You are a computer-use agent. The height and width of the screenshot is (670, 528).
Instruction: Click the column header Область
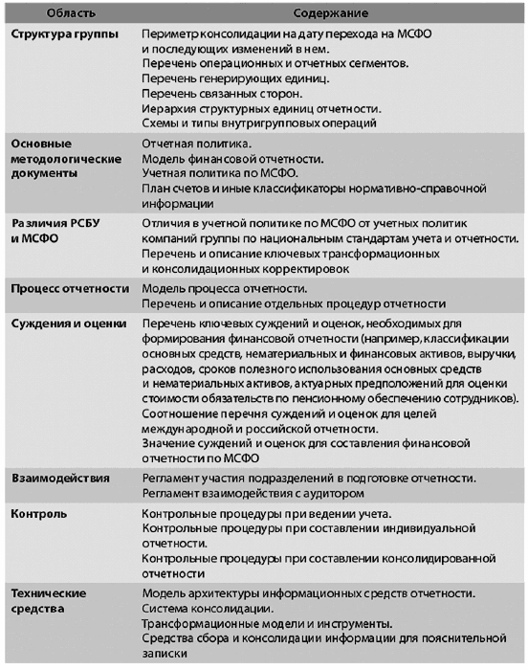pyautogui.click(x=47, y=11)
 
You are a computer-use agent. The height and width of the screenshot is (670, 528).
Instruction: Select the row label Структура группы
pyautogui.click(x=59, y=33)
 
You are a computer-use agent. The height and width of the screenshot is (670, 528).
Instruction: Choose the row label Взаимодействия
pyautogui.click(x=60, y=477)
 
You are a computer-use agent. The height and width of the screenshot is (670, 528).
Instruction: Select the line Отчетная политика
pyautogui.click(x=197, y=142)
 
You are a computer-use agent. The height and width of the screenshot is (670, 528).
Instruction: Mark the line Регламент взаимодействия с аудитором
pyautogui.click(x=253, y=492)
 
